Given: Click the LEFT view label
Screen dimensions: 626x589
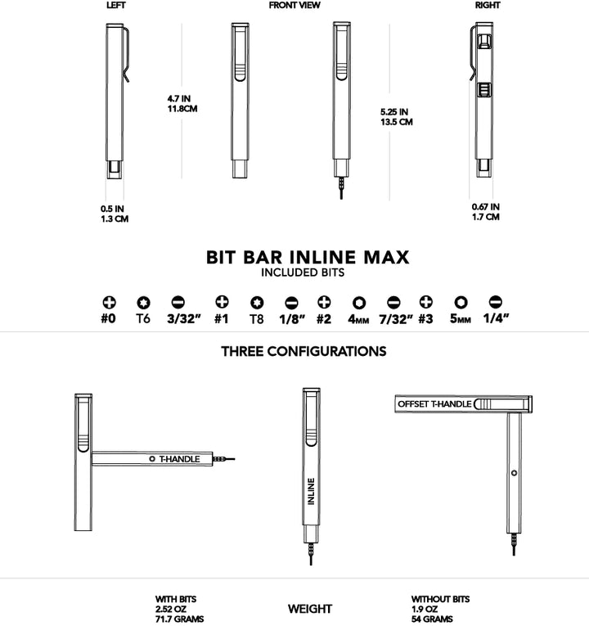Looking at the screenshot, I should pos(116,6).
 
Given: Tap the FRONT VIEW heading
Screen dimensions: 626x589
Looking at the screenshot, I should pos(294,6).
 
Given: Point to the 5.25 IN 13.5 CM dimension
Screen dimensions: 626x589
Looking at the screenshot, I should pos(396,116).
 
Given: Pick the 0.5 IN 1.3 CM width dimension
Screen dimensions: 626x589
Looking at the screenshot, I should pos(115,214).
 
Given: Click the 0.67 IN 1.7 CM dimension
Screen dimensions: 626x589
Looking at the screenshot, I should pos(485,212).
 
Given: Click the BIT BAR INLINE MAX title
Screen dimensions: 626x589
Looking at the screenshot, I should pos(308,257).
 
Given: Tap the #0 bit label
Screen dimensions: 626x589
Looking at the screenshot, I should pos(108,319).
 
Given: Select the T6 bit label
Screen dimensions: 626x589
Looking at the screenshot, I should pos(142,319).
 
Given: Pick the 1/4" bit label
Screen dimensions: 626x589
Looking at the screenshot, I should pos(495,319).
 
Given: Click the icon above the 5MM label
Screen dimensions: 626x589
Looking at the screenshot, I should pos(461,302).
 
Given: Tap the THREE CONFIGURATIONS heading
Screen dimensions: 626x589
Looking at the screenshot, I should pos(303,352).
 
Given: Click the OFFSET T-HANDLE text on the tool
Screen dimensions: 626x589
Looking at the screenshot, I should pos(434,404).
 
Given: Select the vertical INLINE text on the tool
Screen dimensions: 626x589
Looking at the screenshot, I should pos(311,490).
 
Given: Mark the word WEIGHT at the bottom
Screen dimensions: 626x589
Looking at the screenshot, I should pos(310,609).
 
